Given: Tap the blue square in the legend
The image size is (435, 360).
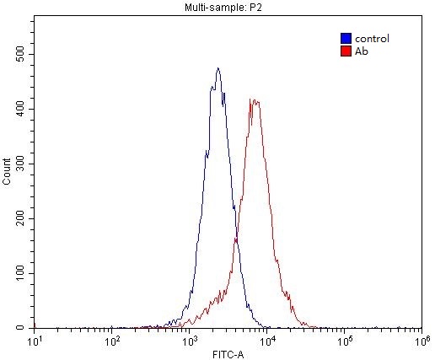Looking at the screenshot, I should coord(346,39).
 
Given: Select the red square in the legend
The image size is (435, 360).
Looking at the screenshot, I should coord(346,51).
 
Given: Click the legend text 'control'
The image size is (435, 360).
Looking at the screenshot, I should coord(372,39).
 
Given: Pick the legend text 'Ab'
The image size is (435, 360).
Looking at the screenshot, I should coord(362,51).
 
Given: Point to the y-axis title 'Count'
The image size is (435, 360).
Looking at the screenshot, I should coord(8,171).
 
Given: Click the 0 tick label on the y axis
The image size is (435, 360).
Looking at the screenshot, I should coord(25,327).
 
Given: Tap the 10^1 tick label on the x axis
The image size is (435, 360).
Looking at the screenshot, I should coord(35,340).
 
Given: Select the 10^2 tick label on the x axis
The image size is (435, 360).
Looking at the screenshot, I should coord(112,340).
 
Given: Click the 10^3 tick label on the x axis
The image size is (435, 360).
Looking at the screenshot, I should coord(190,340).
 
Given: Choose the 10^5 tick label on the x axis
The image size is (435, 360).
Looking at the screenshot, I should coord(344,340).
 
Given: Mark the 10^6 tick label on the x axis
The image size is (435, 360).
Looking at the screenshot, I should coord(422,340).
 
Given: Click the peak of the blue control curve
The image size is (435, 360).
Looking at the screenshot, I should coord(217,69).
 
